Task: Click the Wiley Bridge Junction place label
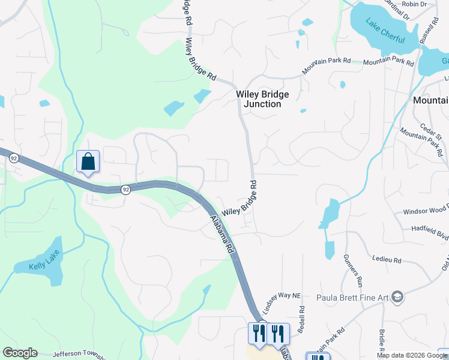262,99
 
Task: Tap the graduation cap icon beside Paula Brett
397,296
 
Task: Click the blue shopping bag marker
88,161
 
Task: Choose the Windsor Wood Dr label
426,211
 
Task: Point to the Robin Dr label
414,4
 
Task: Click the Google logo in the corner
20,353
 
